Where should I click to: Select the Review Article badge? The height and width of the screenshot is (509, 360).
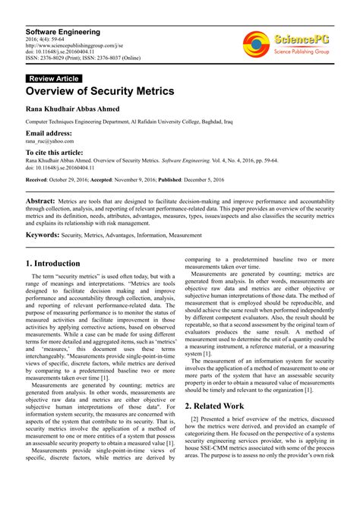[53, 78]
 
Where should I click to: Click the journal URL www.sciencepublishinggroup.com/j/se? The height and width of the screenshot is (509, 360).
[76, 45]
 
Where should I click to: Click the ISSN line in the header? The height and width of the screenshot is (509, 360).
[84, 58]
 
